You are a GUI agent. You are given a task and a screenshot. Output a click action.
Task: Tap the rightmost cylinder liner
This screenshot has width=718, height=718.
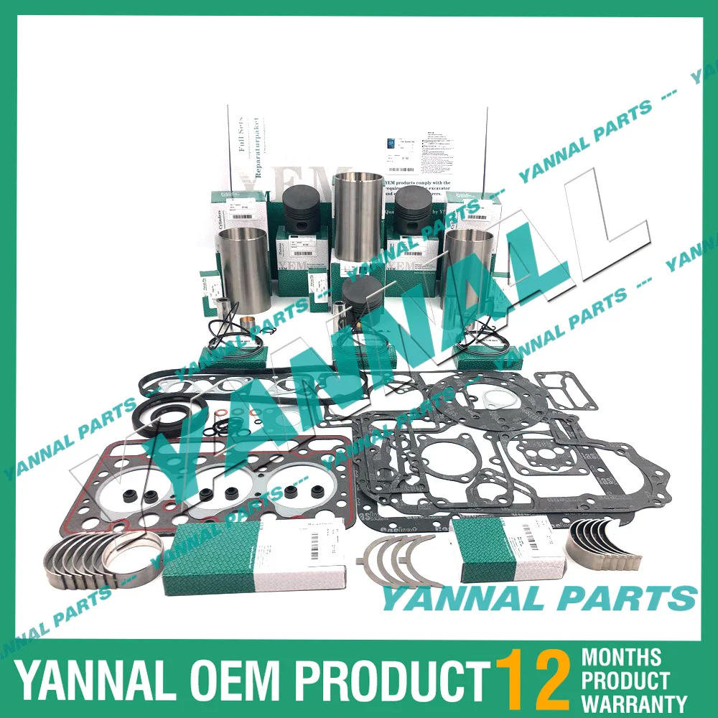click(468, 270)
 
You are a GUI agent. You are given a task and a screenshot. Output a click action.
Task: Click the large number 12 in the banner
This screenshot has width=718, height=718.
click(533, 677)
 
